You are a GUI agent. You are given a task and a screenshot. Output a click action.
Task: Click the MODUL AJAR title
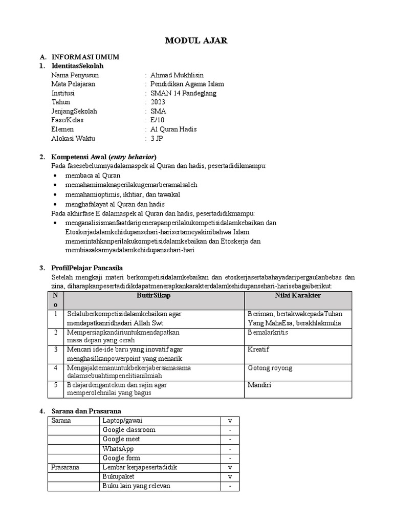(196, 41)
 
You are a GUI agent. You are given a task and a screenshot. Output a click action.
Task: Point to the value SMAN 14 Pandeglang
(184, 93)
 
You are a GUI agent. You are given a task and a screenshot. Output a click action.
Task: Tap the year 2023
(158, 102)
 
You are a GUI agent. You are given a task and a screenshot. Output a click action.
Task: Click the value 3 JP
(157, 138)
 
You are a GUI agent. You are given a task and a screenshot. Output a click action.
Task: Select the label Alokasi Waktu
(73, 138)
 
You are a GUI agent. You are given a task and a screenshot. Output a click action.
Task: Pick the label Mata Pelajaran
(73, 84)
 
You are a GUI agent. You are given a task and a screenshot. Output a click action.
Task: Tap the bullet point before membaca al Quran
(56, 176)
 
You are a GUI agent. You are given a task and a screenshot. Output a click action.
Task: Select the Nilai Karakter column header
(298, 296)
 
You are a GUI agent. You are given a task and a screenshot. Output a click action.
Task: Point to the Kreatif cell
(258, 350)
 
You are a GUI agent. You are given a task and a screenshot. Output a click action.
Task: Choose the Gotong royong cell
(270, 368)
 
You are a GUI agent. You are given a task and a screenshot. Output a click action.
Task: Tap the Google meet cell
(121, 439)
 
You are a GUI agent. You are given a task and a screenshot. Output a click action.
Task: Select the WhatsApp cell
(118, 449)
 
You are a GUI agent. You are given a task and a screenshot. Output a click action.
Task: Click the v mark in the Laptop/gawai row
(230, 421)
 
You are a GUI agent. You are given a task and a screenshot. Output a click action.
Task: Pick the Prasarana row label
(65, 467)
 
